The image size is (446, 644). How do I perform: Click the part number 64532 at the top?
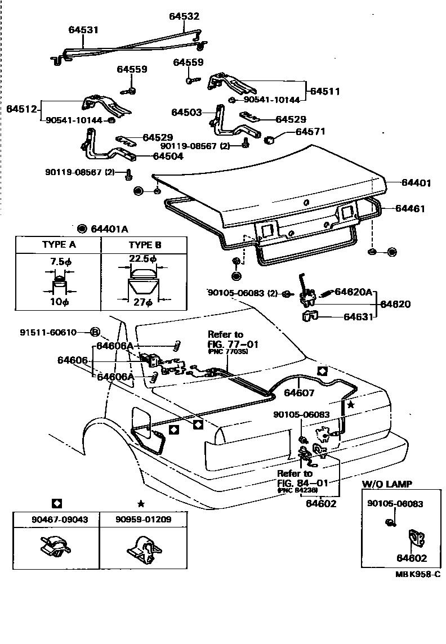(184, 17)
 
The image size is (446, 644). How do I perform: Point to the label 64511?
(324, 91)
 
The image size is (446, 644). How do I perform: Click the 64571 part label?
(310, 132)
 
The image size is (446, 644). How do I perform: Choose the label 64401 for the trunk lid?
(416, 183)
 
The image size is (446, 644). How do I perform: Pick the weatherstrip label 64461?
(410, 208)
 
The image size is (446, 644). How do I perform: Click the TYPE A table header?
(59, 245)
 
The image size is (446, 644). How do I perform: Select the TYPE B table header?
(145, 245)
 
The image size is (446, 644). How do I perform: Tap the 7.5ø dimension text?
(60, 261)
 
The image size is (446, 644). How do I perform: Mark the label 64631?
(359, 317)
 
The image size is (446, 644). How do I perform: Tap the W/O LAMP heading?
(386, 484)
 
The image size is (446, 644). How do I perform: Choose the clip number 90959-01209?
(142, 519)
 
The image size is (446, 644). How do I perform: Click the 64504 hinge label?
(167, 156)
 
